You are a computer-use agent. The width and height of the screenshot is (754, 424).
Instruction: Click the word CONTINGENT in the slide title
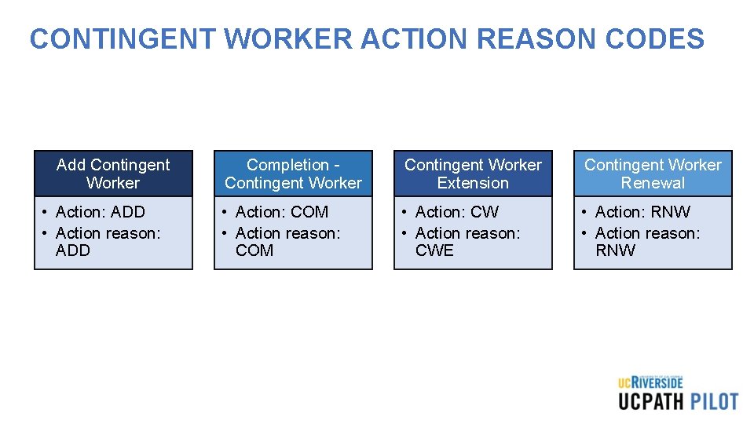[118, 38]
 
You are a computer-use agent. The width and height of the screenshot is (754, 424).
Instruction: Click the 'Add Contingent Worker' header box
[113, 174]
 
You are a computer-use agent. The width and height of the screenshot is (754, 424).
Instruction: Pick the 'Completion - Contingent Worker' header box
[293, 174]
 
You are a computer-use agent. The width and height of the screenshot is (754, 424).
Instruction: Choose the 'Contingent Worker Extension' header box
[473, 174]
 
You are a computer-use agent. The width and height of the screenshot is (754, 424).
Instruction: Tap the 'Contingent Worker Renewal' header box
[653, 174]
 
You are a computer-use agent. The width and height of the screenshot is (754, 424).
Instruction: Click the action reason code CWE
[434, 250]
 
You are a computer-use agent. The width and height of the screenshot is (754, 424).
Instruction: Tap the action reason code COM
[254, 250]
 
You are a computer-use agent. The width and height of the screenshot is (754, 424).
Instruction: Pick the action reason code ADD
[73, 250]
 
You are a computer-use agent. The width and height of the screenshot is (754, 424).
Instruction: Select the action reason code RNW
[616, 250]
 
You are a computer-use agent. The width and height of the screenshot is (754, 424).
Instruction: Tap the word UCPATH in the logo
[650, 401]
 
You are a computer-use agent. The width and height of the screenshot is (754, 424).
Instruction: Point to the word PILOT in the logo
[714, 401]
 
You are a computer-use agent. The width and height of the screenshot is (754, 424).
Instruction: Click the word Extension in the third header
[473, 183]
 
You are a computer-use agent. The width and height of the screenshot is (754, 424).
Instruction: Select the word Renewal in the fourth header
[653, 183]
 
